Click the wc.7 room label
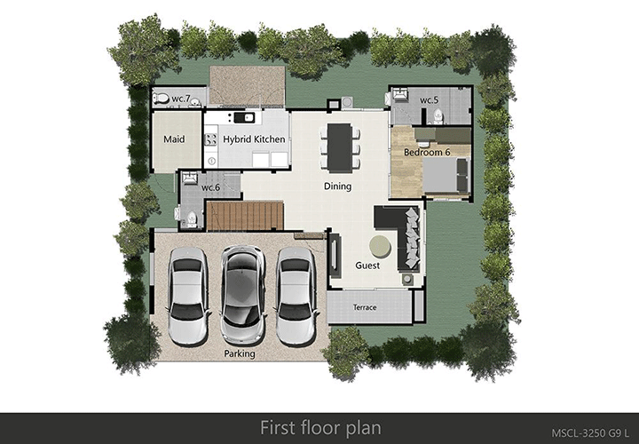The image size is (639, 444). pyautogui.click(x=181, y=99)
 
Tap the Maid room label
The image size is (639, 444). pyautogui.click(x=174, y=139)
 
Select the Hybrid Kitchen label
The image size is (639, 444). pyautogui.click(x=254, y=139)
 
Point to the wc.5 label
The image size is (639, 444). pyautogui.click(x=430, y=99)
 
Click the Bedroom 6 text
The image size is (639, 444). pyautogui.click(x=427, y=153)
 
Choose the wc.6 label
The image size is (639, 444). pyautogui.click(x=210, y=187)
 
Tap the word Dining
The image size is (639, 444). pyautogui.click(x=337, y=186)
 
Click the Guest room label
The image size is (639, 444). pyautogui.click(x=367, y=266)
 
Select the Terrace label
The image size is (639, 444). pyautogui.click(x=365, y=307)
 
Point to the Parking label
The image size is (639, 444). pyautogui.click(x=240, y=353)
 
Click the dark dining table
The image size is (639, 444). pyautogui.click(x=339, y=147)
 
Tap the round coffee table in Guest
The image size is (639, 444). pyautogui.click(x=380, y=247)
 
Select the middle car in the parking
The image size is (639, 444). pyautogui.click(x=242, y=295)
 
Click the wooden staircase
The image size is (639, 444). pyautogui.click(x=245, y=216)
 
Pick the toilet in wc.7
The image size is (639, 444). pyautogui.click(x=162, y=99)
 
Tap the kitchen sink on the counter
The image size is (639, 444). pyautogui.click(x=244, y=118)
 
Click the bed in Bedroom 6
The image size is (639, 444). pyautogui.click(x=446, y=175)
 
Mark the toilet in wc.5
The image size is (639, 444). pyautogui.click(x=438, y=116)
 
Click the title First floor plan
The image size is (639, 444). pyautogui.click(x=320, y=428)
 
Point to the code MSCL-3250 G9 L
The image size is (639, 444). pyautogui.click(x=591, y=432)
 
